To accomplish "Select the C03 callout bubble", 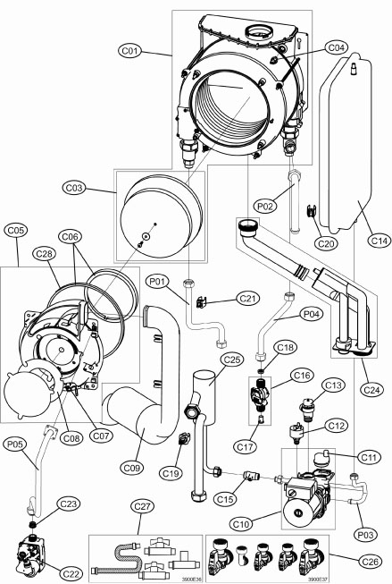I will point(96,189).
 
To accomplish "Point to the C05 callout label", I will point(15,229).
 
